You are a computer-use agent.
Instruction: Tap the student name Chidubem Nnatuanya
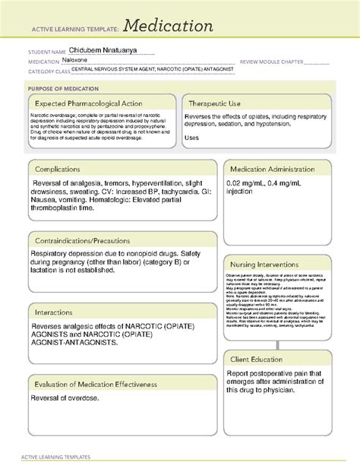click(103, 52)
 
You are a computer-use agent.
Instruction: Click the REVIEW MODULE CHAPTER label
click(280, 62)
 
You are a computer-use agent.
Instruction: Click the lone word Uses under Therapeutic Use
click(191, 138)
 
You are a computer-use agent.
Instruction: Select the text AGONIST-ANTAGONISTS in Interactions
click(74, 343)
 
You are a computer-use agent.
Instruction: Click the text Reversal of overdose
click(65, 398)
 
